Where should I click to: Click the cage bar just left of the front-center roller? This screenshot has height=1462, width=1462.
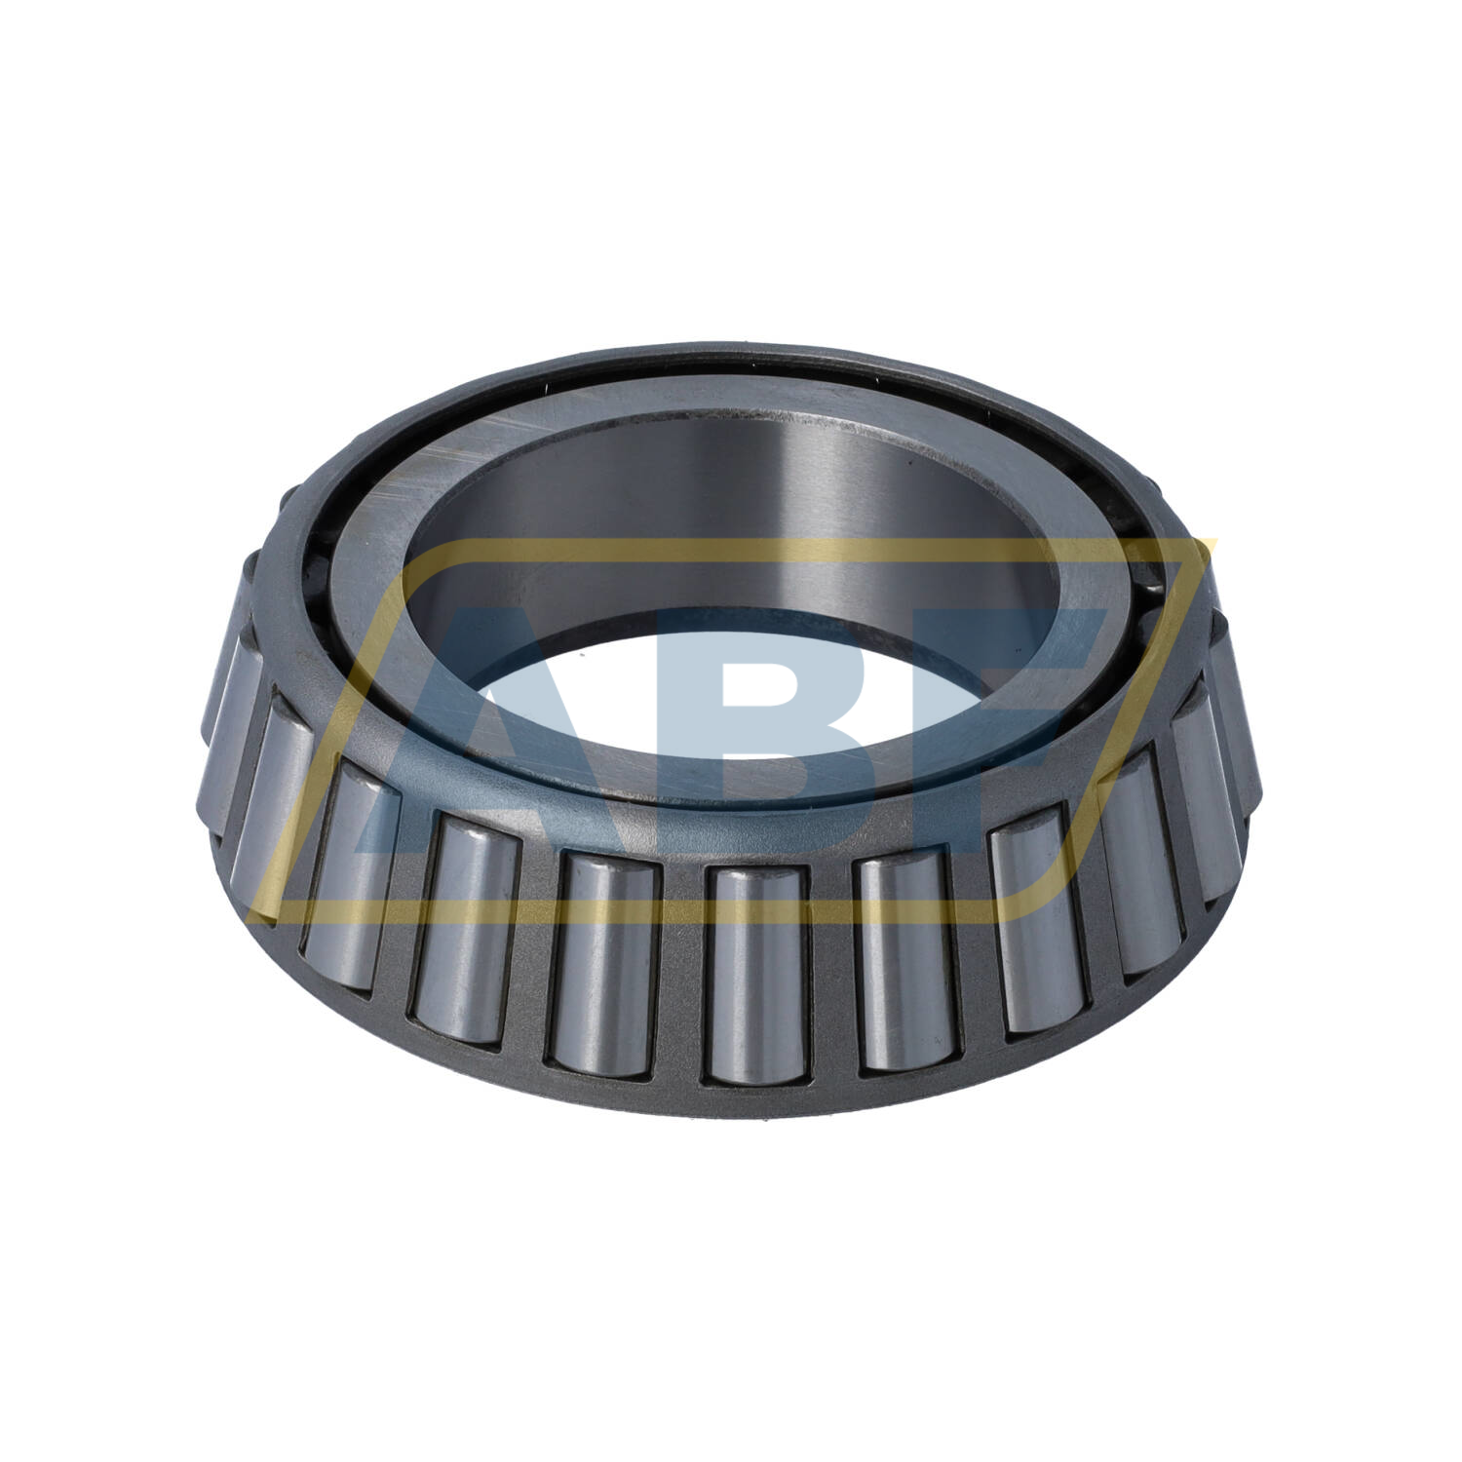tap(681, 975)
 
